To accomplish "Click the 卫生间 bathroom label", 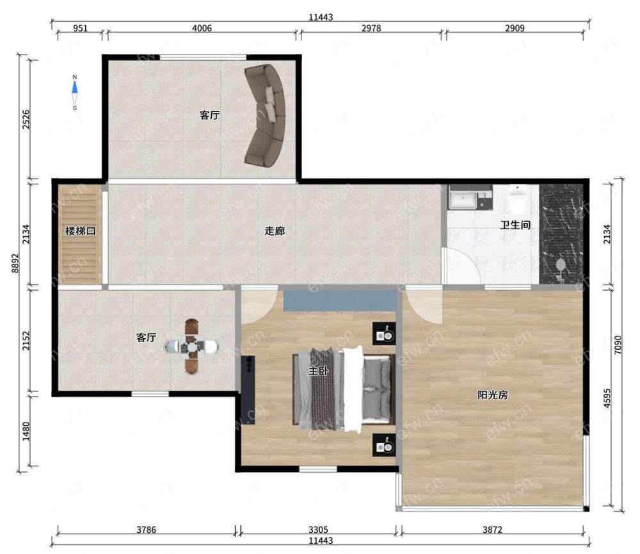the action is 515,225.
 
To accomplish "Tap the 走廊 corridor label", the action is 275,231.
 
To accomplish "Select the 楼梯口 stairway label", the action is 81,231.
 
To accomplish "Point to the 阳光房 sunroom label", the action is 493,395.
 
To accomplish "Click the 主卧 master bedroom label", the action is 318,371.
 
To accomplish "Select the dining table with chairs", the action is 191,346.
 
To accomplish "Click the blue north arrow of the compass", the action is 75,87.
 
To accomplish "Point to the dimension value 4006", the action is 202,28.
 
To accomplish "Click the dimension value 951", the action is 80,28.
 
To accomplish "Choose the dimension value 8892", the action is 15,263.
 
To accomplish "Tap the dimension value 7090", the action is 618,345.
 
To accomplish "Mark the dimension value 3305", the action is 318,530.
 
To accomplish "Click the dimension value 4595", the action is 607,398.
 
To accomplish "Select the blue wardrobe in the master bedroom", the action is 340,300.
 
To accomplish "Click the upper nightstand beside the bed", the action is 383,334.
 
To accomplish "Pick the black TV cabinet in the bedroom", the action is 248,390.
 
